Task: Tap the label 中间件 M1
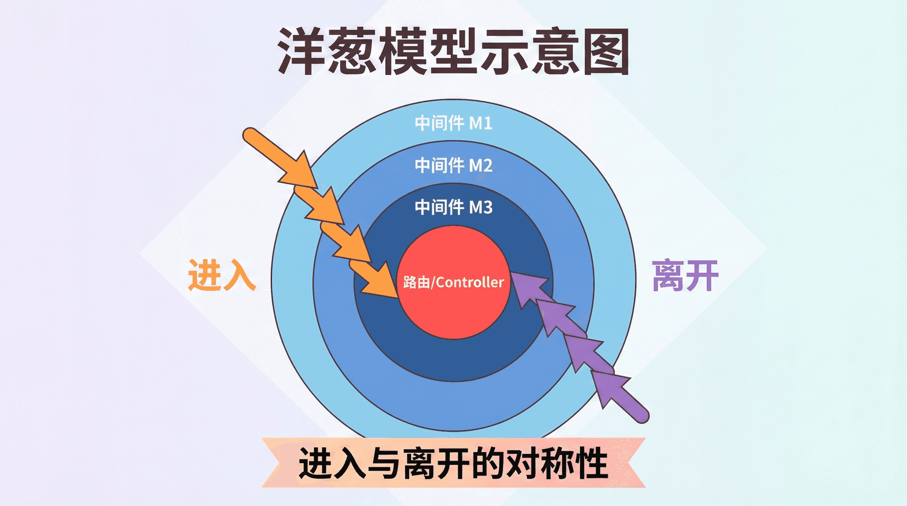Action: (x=453, y=123)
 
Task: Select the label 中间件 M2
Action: (x=453, y=165)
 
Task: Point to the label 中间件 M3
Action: (x=453, y=207)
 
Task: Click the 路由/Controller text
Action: (x=453, y=282)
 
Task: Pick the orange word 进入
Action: (x=222, y=275)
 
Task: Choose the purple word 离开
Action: (x=685, y=276)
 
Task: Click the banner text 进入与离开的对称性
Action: (x=453, y=463)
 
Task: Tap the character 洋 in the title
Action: (x=301, y=51)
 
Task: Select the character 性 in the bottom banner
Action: (x=590, y=463)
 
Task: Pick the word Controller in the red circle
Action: (x=470, y=282)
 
